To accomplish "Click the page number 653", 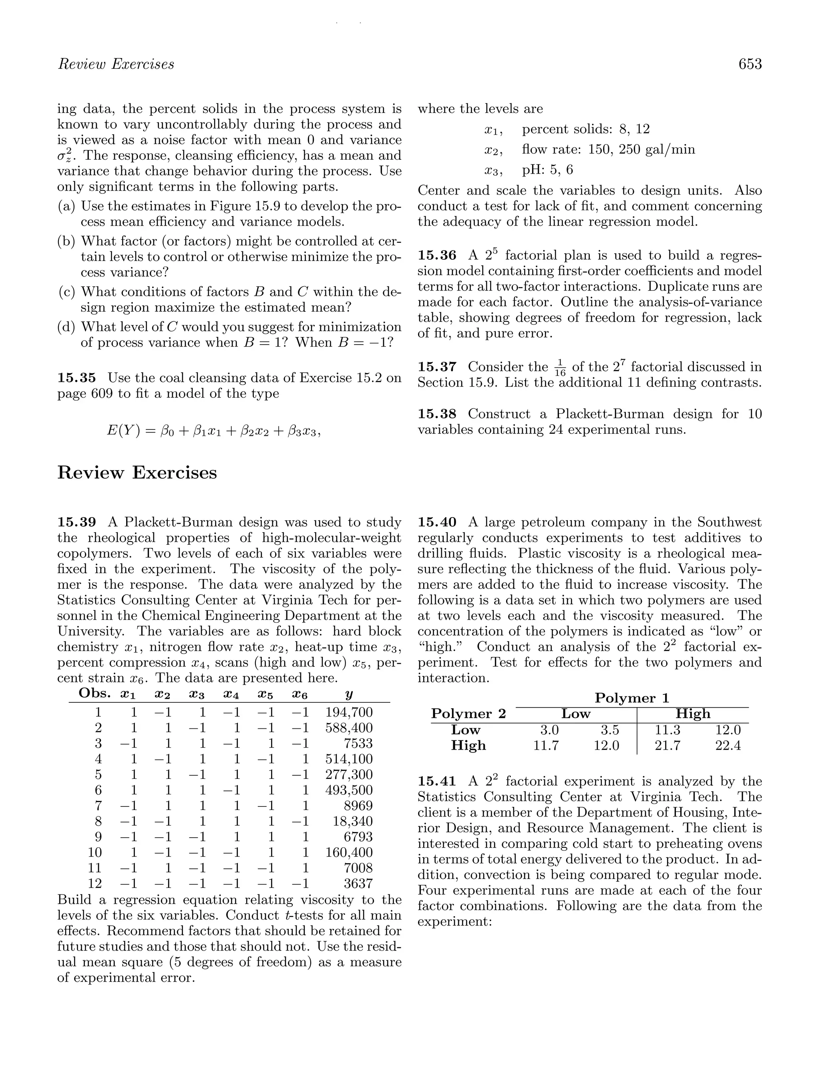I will click(750, 64).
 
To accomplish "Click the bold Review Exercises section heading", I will click(137, 473).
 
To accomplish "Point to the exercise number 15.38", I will click(437, 414).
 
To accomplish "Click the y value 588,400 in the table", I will click(349, 728).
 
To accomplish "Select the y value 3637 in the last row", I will click(358, 883).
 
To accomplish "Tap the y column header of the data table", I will click(349, 694).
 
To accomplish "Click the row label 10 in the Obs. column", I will click(94, 852).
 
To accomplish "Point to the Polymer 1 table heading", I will click(632, 698).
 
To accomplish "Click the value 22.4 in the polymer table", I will click(728, 745).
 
